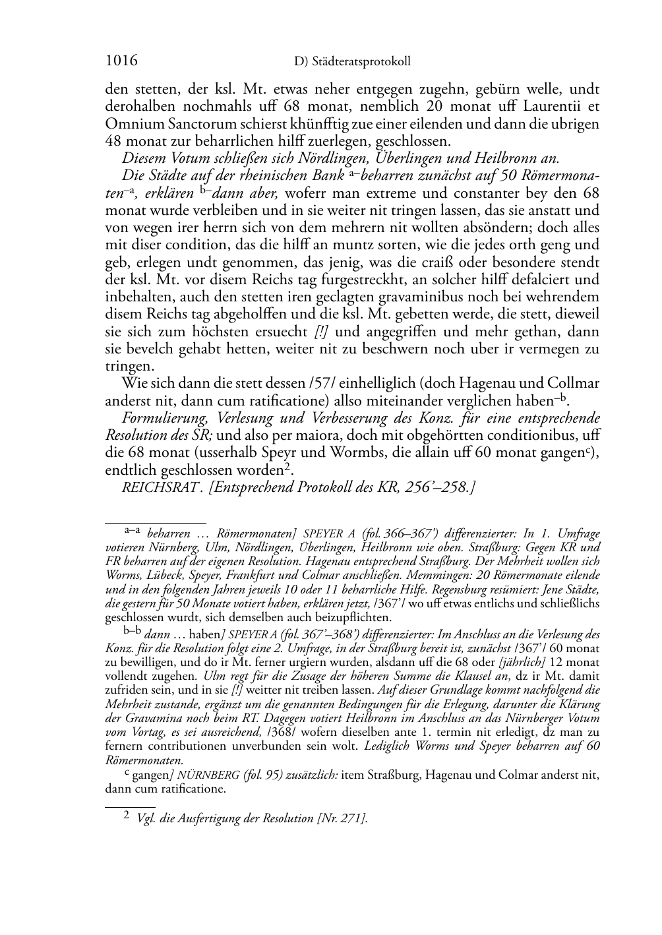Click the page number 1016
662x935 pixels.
(x=121, y=61)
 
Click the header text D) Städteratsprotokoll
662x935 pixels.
(x=351, y=62)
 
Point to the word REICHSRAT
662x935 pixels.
(x=152, y=488)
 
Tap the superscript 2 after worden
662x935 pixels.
(x=288, y=467)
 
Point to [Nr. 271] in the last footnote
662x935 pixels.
(x=342, y=818)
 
